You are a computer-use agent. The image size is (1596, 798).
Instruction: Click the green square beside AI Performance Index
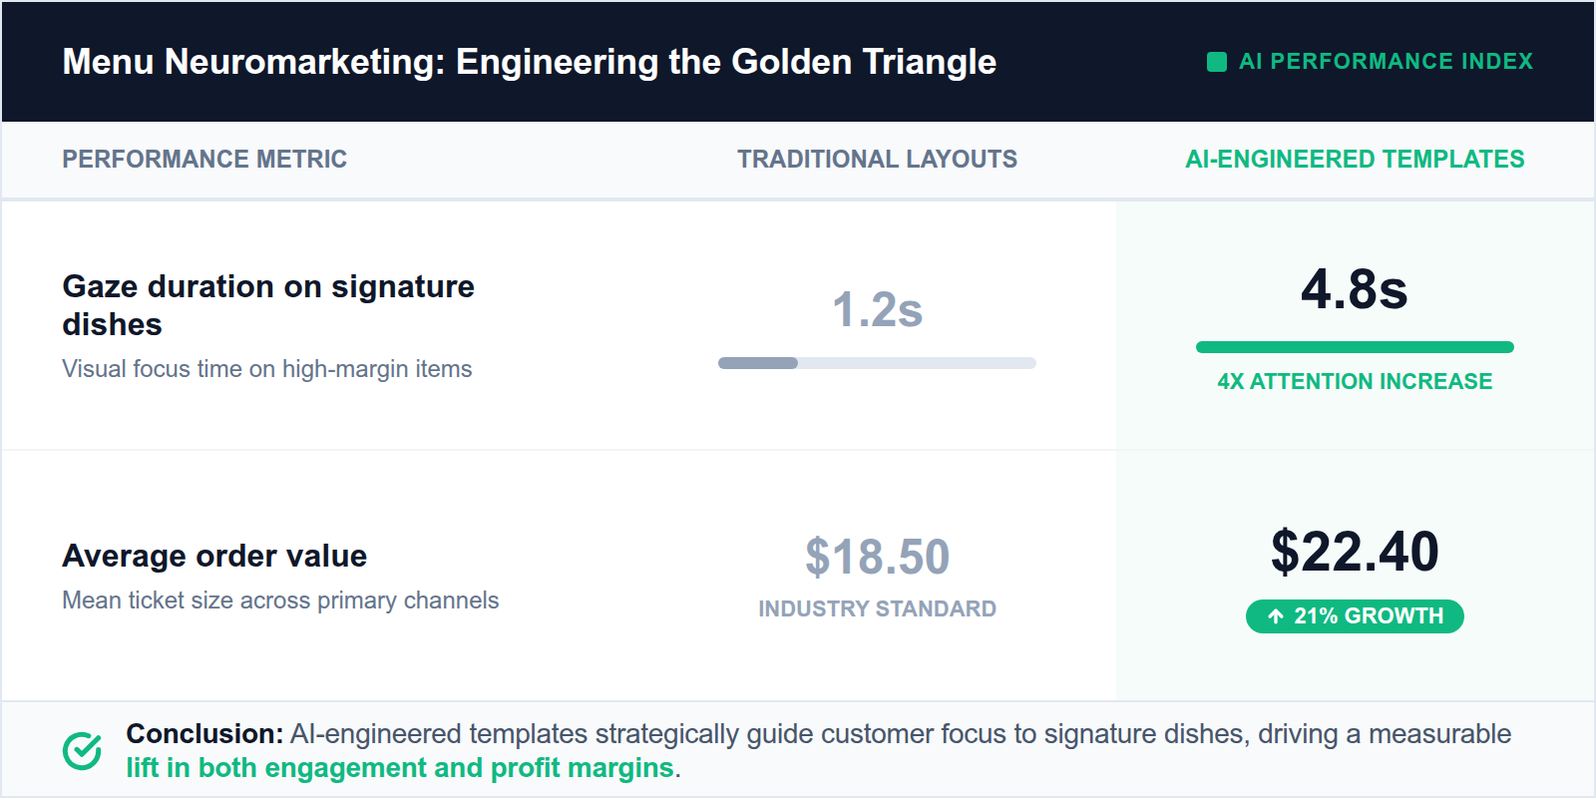(x=1216, y=62)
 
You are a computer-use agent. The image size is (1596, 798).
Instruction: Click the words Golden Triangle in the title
(x=863, y=62)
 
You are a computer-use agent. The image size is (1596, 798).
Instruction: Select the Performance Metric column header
(x=204, y=160)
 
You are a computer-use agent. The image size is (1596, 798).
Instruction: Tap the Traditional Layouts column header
(x=877, y=160)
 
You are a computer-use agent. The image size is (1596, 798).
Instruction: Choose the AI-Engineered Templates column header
(x=1354, y=160)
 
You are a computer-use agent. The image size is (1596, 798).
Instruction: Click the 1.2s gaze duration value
(x=877, y=309)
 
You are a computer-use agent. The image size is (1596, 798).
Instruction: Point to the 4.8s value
(x=1354, y=289)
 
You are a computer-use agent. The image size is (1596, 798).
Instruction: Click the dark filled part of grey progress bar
(x=758, y=363)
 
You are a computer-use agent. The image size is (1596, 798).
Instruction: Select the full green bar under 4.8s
(x=1354, y=347)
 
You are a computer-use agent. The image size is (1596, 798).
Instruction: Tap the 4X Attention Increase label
(x=1354, y=382)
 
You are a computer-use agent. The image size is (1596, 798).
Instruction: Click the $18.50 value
(x=877, y=557)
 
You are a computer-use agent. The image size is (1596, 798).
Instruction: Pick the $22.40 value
(x=1354, y=552)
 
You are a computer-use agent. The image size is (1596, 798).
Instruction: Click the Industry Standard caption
(x=877, y=608)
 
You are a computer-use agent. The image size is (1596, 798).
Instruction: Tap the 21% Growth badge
(x=1355, y=616)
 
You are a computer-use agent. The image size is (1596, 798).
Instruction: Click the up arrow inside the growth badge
(x=1275, y=616)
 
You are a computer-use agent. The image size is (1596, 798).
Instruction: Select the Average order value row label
(x=214, y=556)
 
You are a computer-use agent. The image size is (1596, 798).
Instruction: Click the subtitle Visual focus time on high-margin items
(x=267, y=369)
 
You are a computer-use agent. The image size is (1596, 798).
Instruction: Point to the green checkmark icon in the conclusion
(x=82, y=751)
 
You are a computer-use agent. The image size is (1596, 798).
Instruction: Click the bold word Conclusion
(x=204, y=734)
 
